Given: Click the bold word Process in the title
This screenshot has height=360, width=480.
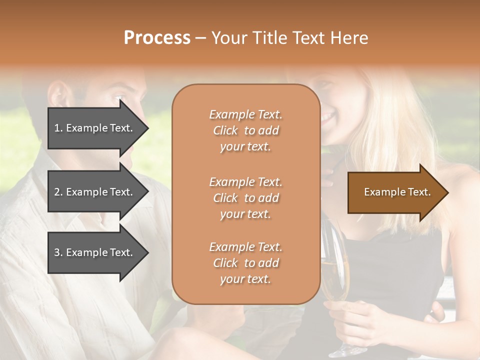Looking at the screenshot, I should [157, 38].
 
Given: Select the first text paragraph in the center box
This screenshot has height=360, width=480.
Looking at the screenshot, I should [245, 130].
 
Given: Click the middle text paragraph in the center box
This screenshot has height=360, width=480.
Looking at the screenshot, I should [245, 198].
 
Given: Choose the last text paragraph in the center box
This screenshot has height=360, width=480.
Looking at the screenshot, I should [245, 263].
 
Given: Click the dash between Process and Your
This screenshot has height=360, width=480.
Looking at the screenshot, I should [201, 38].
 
